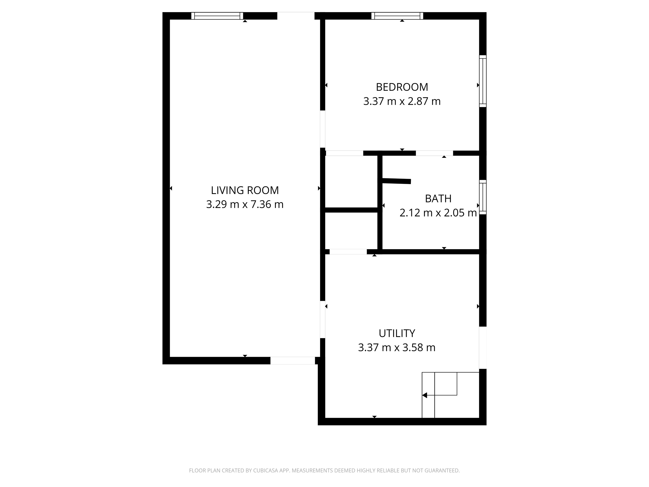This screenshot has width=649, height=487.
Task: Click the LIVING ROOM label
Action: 245,190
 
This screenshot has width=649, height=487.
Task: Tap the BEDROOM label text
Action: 402,87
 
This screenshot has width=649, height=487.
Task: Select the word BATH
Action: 438,199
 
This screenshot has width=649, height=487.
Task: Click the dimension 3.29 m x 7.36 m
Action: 245,204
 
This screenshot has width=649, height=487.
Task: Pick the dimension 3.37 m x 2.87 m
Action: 402,101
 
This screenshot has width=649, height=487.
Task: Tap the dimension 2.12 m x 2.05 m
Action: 438,213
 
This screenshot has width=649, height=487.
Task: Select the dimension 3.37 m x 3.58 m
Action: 397,348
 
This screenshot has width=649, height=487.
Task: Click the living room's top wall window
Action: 217,16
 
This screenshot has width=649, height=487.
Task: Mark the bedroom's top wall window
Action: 397,16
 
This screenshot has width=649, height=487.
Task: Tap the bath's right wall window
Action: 483,197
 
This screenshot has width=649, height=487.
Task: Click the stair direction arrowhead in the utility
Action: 425,395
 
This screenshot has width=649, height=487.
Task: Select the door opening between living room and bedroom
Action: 322,129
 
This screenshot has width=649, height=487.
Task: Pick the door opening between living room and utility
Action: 322,320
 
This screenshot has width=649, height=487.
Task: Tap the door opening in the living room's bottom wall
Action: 293,361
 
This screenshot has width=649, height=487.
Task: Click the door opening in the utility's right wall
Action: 483,348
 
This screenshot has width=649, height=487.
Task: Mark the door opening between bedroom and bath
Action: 434,153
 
